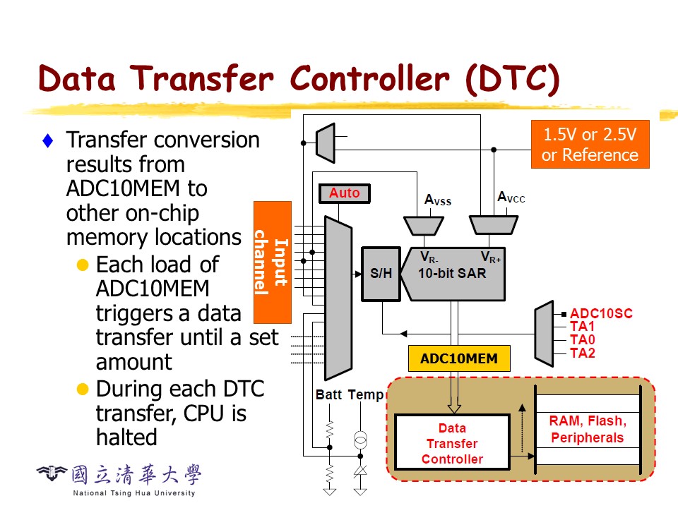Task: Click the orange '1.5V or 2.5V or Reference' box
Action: point(590,145)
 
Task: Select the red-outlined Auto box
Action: point(344,193)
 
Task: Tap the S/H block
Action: point(381,273)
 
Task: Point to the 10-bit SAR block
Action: point(453,273)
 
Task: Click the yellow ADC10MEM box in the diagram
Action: point(458,358)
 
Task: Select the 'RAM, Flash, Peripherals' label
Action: point(588,430)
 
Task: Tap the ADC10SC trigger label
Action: point(601,313)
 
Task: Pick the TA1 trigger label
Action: point(582,327)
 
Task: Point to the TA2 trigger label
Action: point(582,353)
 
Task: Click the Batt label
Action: point(328,394)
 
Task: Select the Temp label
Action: point(366,394)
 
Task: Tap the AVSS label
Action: point(438,200)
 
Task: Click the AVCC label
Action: point(511,197)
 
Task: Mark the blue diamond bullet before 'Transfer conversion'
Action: point(48,140)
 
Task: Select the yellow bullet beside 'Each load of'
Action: point(83,265)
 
